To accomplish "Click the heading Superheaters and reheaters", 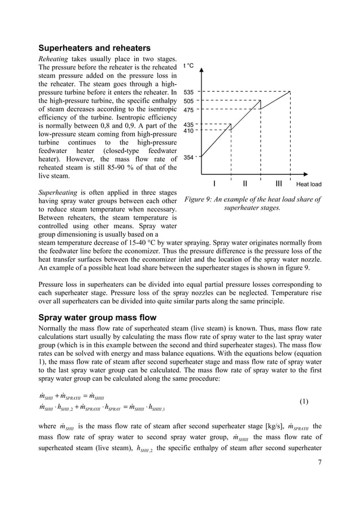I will [x=94, y=47].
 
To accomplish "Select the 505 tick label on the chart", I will [x=189, y=101].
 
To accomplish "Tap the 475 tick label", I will [x=189, y=110].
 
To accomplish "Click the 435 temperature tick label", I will [x=189, y=124].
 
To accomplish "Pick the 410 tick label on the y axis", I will [x=189, y=131].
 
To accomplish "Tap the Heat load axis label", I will [x=309, y=185].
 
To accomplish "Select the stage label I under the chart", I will [x=214, y=184].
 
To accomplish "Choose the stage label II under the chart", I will [x=245, y=184].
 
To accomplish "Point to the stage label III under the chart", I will [x=279, y=184].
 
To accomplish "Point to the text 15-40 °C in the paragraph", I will [x=147, y=243].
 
